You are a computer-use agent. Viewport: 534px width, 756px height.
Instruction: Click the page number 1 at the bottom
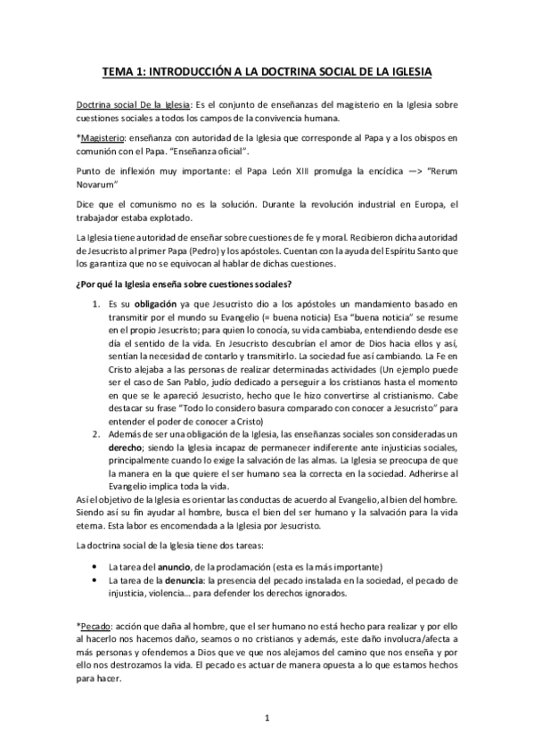coord(267,718)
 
